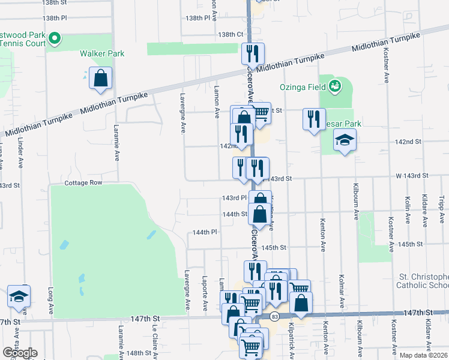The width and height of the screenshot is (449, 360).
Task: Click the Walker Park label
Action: coord(102,53)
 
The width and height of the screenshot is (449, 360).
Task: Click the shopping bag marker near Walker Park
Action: coord(101,79)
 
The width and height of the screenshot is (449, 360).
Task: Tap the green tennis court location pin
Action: coord(54,40)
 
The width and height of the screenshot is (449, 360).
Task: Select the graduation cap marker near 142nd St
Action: coord(344,141)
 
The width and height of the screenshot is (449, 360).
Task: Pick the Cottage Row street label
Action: coord(84,182)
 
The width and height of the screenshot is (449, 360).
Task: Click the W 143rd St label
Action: coord(411,175)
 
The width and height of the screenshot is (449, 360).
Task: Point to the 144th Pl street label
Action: coord(204,232)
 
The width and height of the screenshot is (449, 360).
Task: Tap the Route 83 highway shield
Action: coord(274,316)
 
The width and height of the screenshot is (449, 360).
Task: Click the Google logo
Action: coord(20,352)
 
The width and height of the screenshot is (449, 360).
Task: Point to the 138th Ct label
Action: coord(231,35)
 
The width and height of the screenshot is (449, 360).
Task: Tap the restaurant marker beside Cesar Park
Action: coord(313,119)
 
